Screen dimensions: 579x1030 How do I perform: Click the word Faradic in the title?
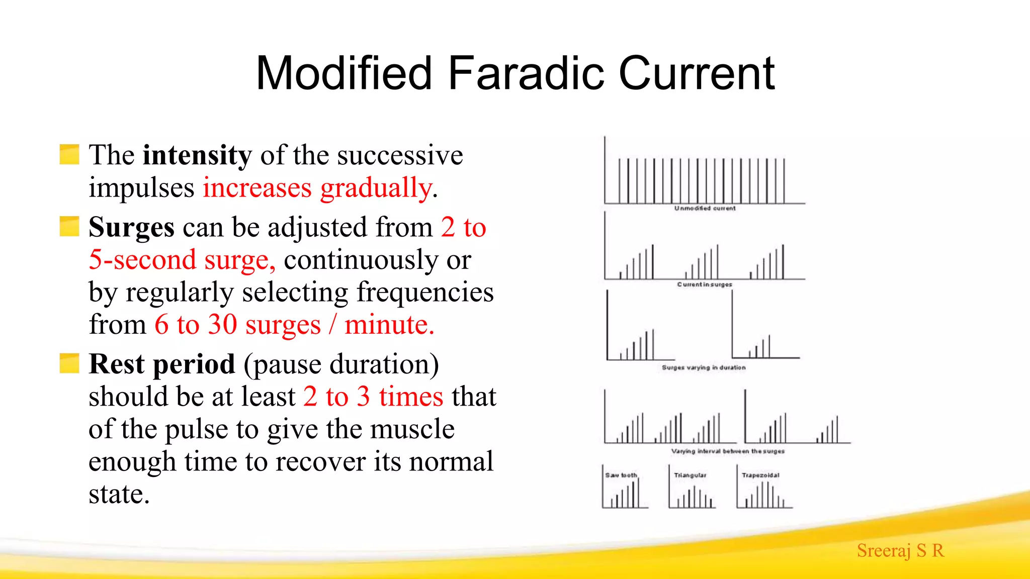tap(526, 73)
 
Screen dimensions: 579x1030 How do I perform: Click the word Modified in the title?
tap(344, 73)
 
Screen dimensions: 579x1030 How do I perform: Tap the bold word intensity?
tap(197, 155)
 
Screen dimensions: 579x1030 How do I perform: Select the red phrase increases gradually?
tap(317, 187)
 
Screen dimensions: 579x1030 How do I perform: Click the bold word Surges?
tap(131, 227)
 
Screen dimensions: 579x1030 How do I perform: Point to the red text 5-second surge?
tap(181, 260)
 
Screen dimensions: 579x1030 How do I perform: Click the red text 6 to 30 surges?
tap(237, 324)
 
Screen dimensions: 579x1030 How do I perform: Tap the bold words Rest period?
tap(161, 364)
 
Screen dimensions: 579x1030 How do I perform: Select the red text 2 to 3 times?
tap(373, 397)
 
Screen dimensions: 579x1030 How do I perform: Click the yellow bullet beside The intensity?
tap(69, 154)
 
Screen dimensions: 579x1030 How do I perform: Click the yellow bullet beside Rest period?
tap(69, 363)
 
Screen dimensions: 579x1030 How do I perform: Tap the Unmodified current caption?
tap(705, 208)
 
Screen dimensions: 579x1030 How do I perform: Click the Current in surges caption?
tap(704, 284)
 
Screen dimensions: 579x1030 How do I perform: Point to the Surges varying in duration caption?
tap(704, 367)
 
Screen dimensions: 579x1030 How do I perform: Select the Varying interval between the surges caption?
tap(728, 451)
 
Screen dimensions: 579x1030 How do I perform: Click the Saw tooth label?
tap(621, 475)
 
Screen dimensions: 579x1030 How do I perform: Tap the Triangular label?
tap(690, 475)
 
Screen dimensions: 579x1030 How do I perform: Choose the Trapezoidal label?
tap(760, 475)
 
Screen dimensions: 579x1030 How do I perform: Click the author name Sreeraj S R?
tap(900, 550)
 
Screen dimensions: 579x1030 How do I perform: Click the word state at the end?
tap(119, 494)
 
